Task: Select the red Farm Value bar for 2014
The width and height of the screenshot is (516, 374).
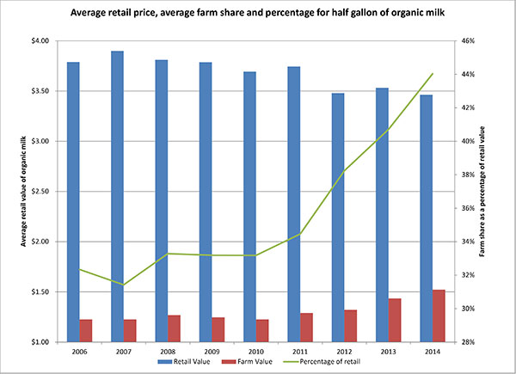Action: coord(439,316)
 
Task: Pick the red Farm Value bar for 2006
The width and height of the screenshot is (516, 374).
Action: coord(85,330)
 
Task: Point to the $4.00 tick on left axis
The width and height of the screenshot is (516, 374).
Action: coord(43,40)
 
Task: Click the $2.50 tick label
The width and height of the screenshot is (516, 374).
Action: coord(43,191)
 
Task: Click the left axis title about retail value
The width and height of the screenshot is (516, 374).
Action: coord(15,191)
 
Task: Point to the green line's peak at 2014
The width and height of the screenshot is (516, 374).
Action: coord(433,73)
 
